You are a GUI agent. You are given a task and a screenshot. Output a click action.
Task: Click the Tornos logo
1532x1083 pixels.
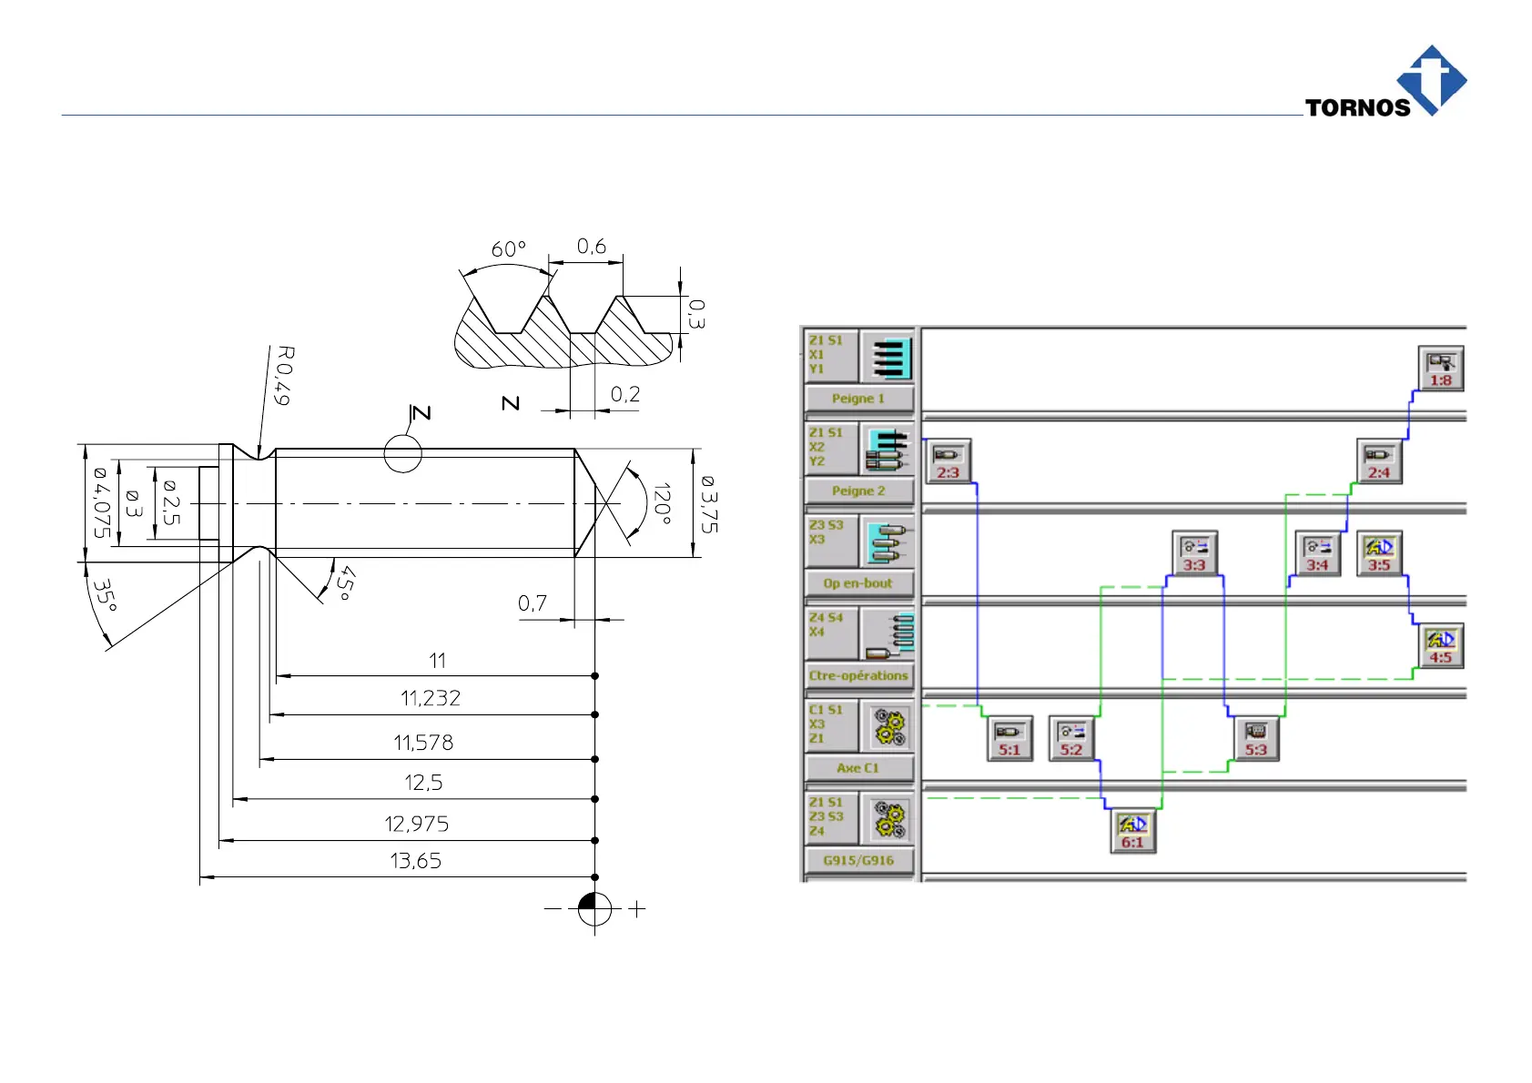pos(1388,85)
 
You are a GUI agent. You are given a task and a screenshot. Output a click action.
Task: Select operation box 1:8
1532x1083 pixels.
pos(1440,369)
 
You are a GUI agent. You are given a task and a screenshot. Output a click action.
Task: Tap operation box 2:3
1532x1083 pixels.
pos(948,461)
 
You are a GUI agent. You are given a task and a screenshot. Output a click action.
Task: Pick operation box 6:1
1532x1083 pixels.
pos(1132,830)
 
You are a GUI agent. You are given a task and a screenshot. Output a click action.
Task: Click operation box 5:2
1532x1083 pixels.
pos(1071,738)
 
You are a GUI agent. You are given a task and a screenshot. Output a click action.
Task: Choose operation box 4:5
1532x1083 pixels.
pos(1440,646)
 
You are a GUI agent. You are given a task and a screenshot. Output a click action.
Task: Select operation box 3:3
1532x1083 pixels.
pos(1194,553)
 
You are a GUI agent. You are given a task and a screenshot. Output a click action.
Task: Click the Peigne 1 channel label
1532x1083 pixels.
pos(858,399)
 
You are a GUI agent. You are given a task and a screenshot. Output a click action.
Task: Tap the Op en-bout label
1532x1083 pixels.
pos(858,583)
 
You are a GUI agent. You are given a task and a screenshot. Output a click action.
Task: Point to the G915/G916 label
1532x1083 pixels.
pos(858,860)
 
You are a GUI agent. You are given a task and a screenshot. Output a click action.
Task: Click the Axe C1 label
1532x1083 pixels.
pos(858,768)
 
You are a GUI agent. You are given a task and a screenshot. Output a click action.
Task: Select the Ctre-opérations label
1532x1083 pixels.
pos(858,675)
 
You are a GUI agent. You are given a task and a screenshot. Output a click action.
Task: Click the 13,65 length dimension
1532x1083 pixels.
pos(416,861)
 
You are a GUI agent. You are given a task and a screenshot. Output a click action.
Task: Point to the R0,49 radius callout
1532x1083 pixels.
pos(283,375)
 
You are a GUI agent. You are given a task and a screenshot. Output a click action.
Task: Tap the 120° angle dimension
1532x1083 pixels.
pos(662,503)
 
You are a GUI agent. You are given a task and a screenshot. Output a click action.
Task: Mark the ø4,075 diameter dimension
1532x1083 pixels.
pos(101,502)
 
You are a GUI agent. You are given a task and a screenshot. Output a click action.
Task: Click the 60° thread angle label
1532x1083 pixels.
pos(508,249)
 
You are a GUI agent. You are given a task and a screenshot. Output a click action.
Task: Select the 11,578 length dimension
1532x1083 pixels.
pos(423,743)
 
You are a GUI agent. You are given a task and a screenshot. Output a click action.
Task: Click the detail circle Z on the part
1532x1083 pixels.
pos(402,453)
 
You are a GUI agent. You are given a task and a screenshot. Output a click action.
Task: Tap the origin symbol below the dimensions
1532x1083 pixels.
pos(595,908)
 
